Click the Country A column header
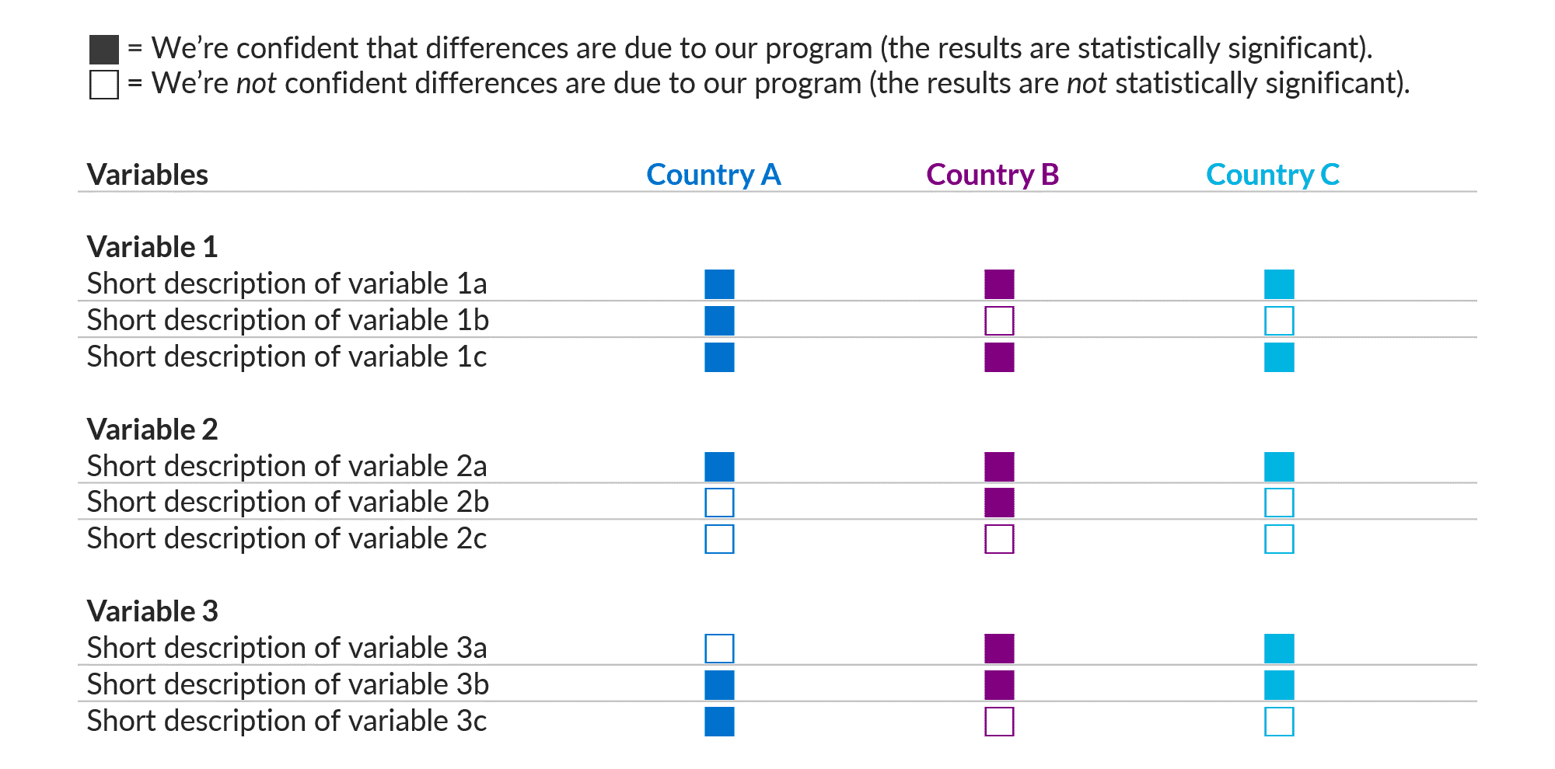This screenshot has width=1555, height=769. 713,175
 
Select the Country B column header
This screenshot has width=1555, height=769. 992,175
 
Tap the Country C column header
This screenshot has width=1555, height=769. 1272,175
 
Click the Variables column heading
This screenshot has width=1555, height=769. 148,175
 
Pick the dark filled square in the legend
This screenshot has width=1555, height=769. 104,50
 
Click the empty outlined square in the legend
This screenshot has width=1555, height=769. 104,85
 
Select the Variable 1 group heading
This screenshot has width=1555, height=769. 152,247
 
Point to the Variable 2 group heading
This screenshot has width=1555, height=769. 152,430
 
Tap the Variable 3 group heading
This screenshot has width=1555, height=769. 152,611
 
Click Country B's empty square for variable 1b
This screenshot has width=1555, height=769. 999,321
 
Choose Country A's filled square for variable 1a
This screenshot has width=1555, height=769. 719,284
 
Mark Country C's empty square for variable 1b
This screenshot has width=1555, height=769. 1279,321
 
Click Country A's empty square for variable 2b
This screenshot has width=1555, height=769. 719,503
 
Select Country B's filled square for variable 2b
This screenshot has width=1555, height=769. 999,503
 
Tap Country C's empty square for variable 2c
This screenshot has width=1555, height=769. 1279,539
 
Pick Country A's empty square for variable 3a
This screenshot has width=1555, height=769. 719,649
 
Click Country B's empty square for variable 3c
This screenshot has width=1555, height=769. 999,722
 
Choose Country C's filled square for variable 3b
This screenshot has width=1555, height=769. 1279,685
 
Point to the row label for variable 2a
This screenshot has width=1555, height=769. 287,466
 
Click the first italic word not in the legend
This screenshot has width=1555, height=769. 256,84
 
